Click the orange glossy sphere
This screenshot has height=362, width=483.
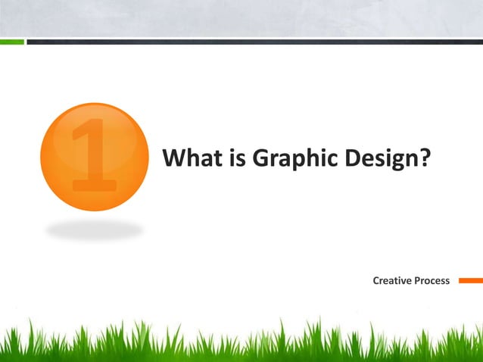point(94,157)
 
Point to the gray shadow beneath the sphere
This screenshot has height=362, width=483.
point(94,228)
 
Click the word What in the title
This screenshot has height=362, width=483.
point(190,159)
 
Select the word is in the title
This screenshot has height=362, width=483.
point(235,159)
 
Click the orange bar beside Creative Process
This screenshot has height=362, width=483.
point(470,280)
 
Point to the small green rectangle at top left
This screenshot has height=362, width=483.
point(11,42)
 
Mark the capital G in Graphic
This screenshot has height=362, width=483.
point(260,159)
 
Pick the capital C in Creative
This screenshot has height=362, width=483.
point(377,281)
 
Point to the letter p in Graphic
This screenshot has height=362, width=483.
point(295,161)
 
